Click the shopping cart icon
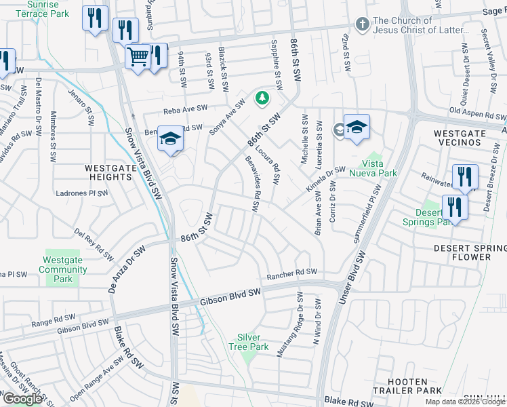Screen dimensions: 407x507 tap(138, 56)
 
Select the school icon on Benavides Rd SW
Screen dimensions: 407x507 tap(170, 140)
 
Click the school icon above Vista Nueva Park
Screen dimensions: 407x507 tap(357, 128)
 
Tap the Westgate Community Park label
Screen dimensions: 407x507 tap(62, 269)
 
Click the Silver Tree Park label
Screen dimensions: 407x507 tap(254, 342)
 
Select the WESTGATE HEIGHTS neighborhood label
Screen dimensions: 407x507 tap(108, 172)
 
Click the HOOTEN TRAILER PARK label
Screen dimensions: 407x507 tap(408, 386)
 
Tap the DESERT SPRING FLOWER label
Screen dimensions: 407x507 tap(470, 252)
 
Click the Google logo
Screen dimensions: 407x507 tap(22, 399)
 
